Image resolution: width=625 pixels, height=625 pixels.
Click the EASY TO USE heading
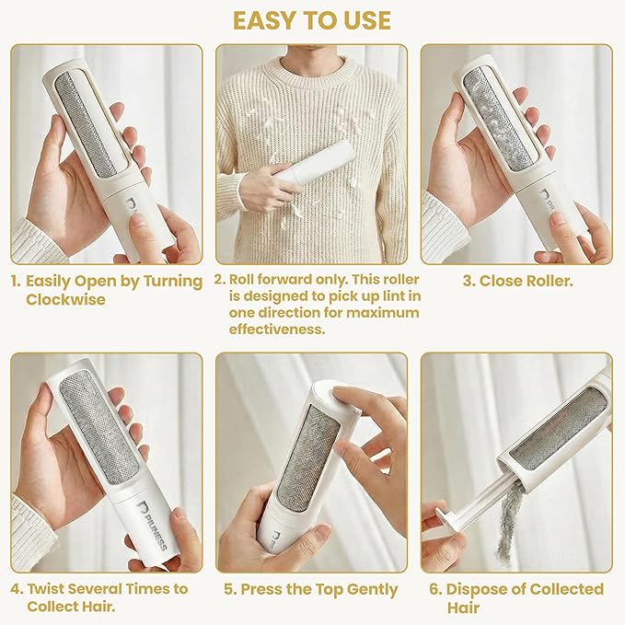[312, 20]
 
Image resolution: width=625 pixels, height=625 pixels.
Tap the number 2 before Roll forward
[220, 280]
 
